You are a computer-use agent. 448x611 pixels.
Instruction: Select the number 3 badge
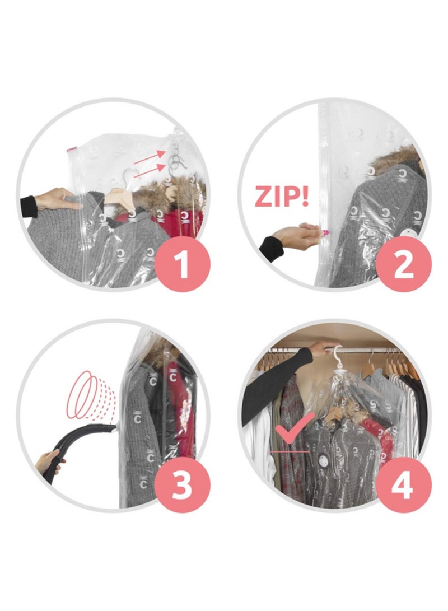coord(181,485)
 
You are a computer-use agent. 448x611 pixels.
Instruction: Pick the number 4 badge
coord(403,485)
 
